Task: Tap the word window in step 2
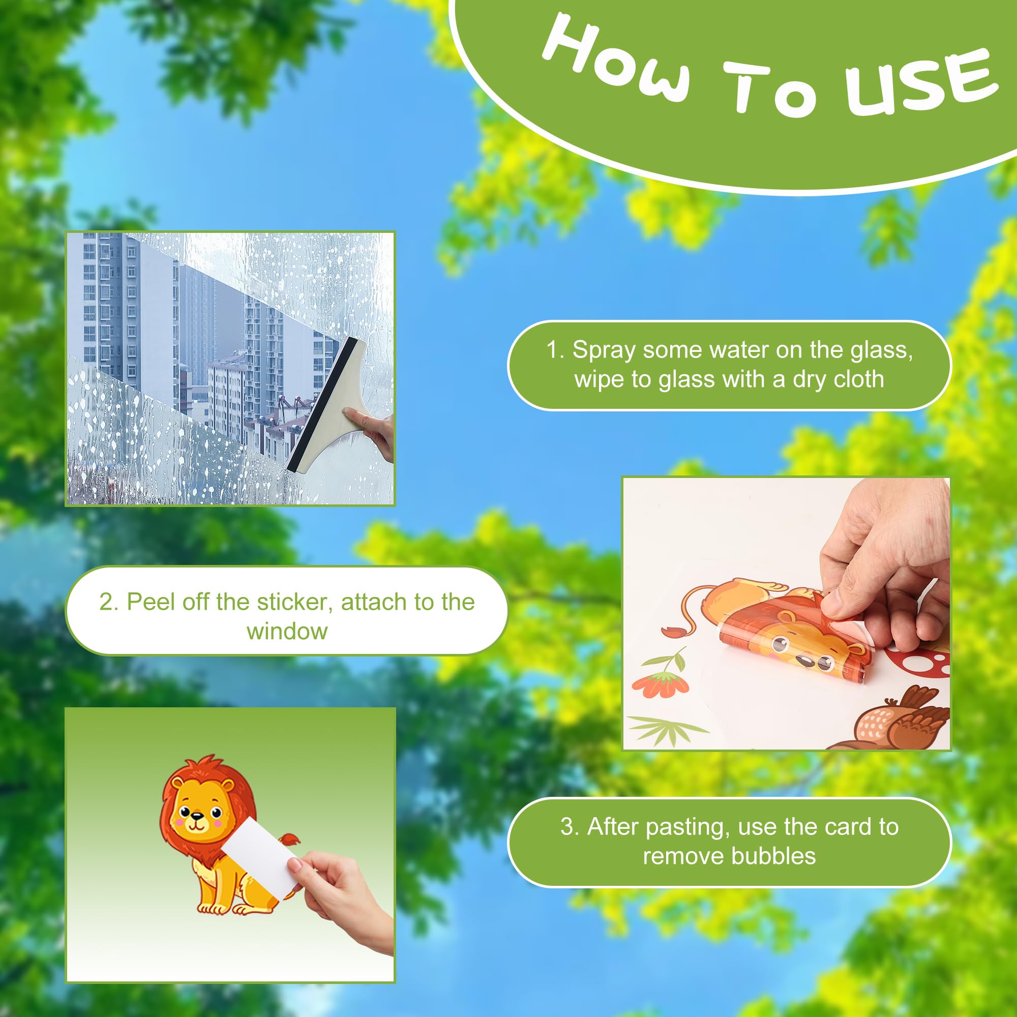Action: pyautogui.click(x=287, y=631)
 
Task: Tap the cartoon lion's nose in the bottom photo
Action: pyautogui.click(x=196, y=817)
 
